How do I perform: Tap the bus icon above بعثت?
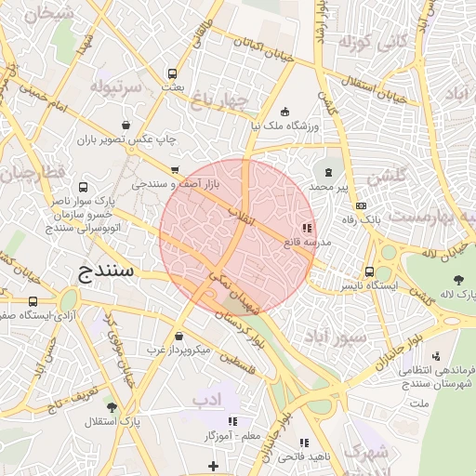pyautogui.click(x=172, y=73)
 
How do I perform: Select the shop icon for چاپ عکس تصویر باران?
pyautogui.click(x=126, y=125)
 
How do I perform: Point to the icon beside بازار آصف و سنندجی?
pyautogui.click(x=175, y=170)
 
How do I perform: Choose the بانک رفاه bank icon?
pyautogui.click(x=362, y=205)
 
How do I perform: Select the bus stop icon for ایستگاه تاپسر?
pyautogui.click(x=370, y=271)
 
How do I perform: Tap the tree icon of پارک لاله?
pyautogui.click(x=458, y=280)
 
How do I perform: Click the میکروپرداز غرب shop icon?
pyautogui.click(x=178, y=337)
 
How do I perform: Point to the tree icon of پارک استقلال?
pyautogui.click(x=112, y=406)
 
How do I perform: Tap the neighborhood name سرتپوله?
pyautogui.click(x=117, y=86)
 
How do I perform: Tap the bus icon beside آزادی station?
pyautogui.click(x=33, y=302)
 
